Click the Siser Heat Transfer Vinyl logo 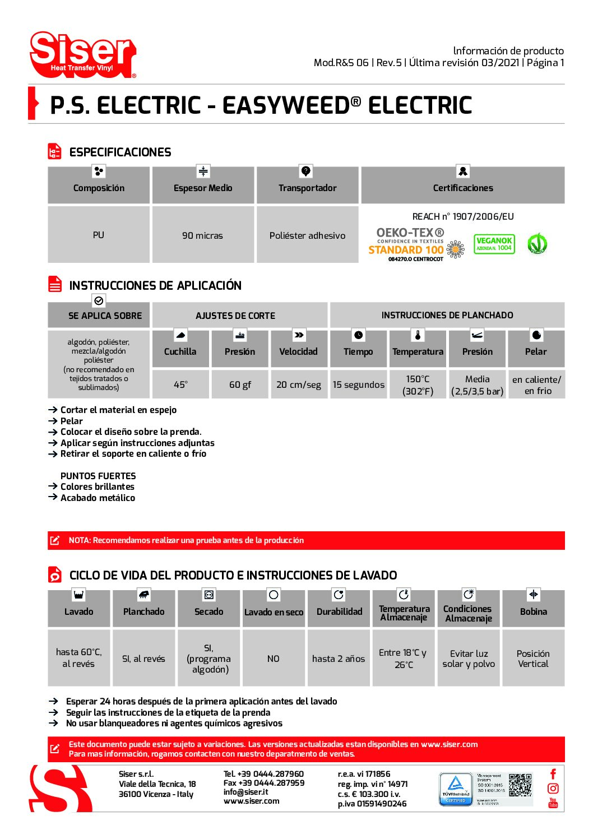pos(83,55)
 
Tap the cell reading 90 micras pos(202,235)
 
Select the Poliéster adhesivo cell pos(307,235)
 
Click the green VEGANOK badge pos(494,244)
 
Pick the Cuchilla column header pos(180,351)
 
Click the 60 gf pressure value pos(240,384)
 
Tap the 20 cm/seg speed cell pos(299,384)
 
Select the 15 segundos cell pos(358,384)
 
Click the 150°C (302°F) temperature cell pos(418,384)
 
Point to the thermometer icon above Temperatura pos(418,335)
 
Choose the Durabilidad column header pos(339,611)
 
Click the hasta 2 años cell pos(339,659)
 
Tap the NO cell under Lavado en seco pos(273,659)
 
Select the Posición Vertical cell pos(533,659)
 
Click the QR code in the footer pos(520,785)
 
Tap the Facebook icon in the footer pos(553,774)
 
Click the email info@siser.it pos(245,792)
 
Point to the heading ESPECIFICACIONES pos(120,152)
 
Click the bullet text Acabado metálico pos(98,498)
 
